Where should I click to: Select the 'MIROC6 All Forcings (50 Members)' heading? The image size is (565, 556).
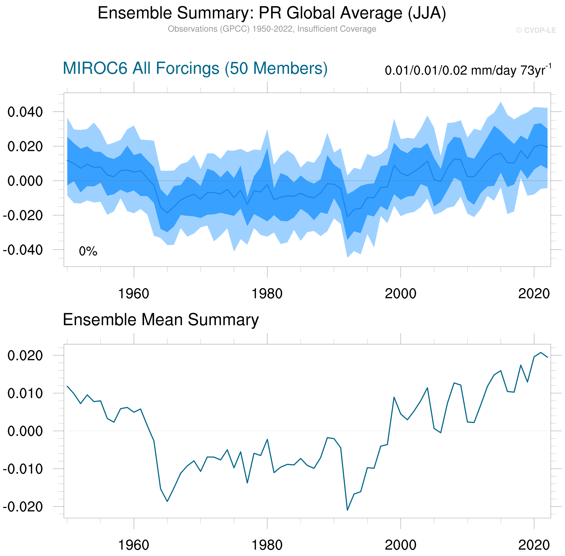(x=195, y=68)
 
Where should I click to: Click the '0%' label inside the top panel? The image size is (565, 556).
(x=88, y=251)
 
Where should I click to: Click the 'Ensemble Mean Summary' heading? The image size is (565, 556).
(x=161, y=320)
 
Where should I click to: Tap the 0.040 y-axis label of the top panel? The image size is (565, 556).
(x=25, y=112)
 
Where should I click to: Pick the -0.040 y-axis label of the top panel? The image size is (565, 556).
(x=23, y=250)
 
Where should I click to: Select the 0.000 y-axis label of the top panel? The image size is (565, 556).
(x=25, y=181)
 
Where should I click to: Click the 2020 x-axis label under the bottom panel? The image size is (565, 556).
(x=534, y=545)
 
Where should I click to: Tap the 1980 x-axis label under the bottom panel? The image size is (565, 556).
(x=267, y=545)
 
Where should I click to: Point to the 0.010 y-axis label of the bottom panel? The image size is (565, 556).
(x=25, y=393)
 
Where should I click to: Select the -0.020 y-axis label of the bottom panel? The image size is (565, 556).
(x=23, y=507)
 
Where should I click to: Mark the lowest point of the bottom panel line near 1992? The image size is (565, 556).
(x=347, y=510)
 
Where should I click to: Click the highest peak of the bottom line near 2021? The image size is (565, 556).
(x=540, y=352)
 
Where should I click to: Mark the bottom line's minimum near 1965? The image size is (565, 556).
(x=167, y=501)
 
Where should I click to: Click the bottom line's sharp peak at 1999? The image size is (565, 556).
(x=394, y=397)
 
